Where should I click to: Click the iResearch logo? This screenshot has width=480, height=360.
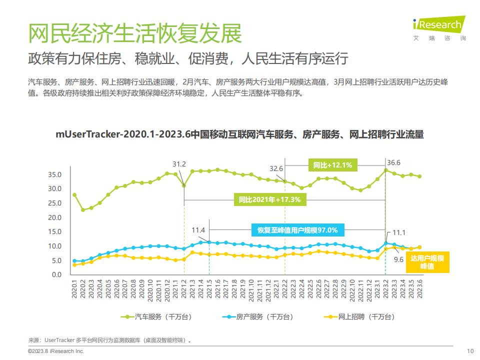[x=439, y=28]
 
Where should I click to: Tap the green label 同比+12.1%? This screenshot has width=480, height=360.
[x=333, y=165]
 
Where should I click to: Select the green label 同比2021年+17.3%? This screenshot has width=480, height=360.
[x=269, y=199]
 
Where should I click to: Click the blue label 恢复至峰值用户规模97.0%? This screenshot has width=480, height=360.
[x=297, y=230]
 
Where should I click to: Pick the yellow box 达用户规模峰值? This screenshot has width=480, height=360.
[x=427, y=262]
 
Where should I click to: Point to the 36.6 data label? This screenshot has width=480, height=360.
[x=393, y=162]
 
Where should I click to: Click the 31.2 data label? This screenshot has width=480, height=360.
[x=179, y=164]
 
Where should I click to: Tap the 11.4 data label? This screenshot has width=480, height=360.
[x=198, y=230]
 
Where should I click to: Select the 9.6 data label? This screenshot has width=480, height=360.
[x=398, y=259]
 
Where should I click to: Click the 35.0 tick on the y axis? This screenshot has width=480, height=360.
[x=55, y=174]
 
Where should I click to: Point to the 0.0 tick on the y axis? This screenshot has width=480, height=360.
[x=56, y=274]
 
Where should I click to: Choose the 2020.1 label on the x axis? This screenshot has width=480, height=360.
[x=74, y=288]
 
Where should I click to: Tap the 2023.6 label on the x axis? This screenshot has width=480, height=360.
[x=419, y=288]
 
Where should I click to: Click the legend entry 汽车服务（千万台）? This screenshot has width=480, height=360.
[x=156, y=317]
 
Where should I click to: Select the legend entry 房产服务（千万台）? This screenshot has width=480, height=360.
[x=258, y=317]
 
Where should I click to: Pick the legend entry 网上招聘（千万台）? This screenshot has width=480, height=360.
[x=359, y=317]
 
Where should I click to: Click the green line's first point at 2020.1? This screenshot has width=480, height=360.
[x=74, y=195]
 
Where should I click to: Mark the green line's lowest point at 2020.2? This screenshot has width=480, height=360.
[x=83, y=210]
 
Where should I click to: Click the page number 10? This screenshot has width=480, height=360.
[x=470, y=351]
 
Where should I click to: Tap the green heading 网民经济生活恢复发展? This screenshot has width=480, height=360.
[x=135, y=33]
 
